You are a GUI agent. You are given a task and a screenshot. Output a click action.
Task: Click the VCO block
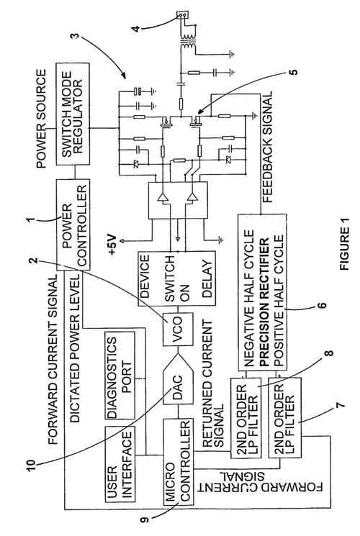coord(178,330)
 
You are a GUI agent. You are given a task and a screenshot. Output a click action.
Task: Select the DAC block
coord(178,380)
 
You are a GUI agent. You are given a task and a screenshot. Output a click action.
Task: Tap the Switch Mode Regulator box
coord(73,114)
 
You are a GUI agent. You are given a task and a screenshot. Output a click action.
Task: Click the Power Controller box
coord(73,224)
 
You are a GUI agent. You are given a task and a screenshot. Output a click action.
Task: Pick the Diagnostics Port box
coord(120,376)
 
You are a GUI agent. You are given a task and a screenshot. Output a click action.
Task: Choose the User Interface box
coord(120,464)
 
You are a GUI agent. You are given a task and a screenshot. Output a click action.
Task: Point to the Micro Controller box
coord(178,462)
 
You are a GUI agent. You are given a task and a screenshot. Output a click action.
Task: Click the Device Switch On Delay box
coord(176,278)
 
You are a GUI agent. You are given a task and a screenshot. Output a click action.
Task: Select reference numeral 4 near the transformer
coord(136,28)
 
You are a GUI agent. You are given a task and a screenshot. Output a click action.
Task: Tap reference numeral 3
coord(76,36)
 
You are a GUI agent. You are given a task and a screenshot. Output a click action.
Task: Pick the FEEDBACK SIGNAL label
coord(267,146)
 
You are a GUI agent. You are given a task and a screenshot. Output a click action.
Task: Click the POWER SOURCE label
coord(41,118)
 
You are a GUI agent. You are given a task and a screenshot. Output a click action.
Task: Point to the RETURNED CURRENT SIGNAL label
coord(212,383)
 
